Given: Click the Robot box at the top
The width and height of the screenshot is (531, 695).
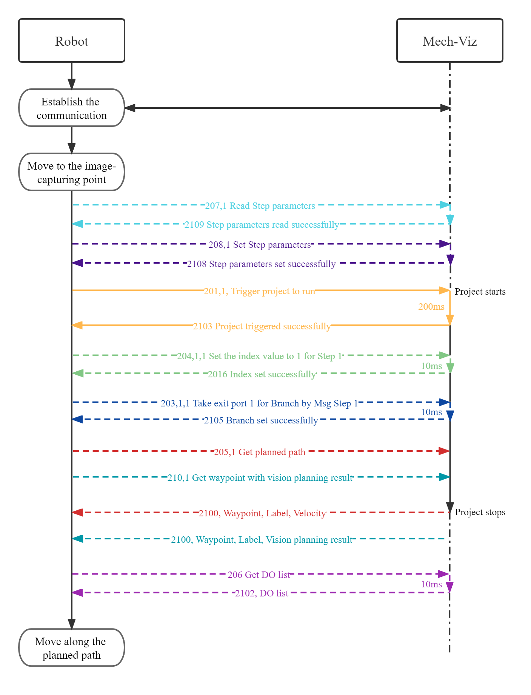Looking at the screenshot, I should point(72,41).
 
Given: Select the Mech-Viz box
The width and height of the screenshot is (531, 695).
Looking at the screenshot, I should point(449,41).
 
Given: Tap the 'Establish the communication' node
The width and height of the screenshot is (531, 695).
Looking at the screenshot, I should point(72,108).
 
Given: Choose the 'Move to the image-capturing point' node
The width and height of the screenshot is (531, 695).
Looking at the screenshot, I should point(72,172).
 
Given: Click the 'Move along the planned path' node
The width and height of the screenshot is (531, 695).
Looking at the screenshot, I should point(72,648).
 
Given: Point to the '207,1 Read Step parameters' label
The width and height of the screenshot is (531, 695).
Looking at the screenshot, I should point(260,206).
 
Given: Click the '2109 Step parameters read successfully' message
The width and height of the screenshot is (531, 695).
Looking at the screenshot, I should point(262,225).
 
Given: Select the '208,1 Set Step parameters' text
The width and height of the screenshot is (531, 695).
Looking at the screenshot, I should point(260,245).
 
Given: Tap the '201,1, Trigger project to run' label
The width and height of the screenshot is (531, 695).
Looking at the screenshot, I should point(259,291).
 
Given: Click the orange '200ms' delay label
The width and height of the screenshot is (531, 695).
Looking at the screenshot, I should point(431,307).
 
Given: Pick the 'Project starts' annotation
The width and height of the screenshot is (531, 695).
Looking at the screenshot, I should point(480,292).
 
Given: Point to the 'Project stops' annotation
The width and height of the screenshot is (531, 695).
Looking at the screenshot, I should point(480,512).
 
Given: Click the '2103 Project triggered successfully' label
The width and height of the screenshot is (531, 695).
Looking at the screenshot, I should point(262,326).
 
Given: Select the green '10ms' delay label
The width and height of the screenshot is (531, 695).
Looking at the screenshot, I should point(431,366).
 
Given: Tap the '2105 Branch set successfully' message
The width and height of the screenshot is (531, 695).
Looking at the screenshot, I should point(261,420).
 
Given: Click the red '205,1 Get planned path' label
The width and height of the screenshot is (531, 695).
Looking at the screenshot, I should point(260,452).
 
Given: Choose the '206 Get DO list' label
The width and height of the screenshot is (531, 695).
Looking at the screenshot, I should point(259,575).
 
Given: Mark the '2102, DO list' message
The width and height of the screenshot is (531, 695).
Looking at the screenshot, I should point(262,593).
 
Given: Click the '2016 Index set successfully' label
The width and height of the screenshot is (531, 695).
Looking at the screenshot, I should point(262,374).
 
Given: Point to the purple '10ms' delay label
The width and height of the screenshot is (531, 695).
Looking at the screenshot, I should point(431,584).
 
